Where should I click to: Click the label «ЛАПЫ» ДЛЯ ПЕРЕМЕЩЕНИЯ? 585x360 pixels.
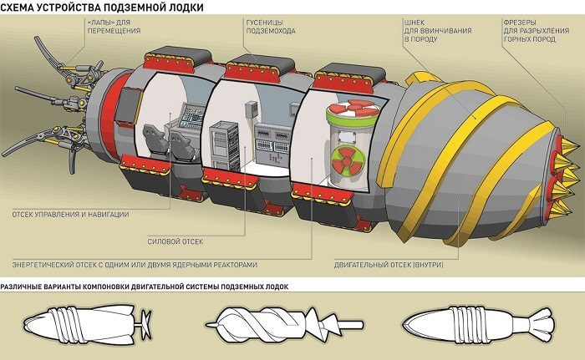tap(114, 27)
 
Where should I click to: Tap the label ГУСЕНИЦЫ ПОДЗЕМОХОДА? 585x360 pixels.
tap(271, 27)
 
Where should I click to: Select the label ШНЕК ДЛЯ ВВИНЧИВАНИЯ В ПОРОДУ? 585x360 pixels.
tap(438, 31)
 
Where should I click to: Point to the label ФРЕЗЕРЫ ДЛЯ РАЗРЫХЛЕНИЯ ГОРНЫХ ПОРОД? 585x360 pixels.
tap(537, 31)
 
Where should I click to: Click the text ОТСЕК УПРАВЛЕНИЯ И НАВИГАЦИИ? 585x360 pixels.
tap(70, 215)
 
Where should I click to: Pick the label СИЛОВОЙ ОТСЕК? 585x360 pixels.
tap(175, 241)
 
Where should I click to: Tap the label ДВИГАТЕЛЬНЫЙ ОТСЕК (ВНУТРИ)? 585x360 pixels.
tap(389, 265)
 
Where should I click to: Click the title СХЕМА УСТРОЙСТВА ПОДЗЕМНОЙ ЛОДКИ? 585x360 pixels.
tap(102, 7)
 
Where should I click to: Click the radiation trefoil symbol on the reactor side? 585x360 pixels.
tap(346, 160)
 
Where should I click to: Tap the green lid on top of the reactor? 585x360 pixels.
tap(352, 112)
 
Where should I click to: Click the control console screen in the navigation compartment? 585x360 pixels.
tap(192, 117)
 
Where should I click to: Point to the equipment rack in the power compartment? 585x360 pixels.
tap(224, 145)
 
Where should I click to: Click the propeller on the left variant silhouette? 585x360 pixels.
tap(145, 324)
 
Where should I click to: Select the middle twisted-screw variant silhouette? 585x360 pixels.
tap(284, 324)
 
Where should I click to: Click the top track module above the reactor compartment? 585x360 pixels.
tap(348, 77)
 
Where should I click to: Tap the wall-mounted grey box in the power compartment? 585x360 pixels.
tap(252, 109)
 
